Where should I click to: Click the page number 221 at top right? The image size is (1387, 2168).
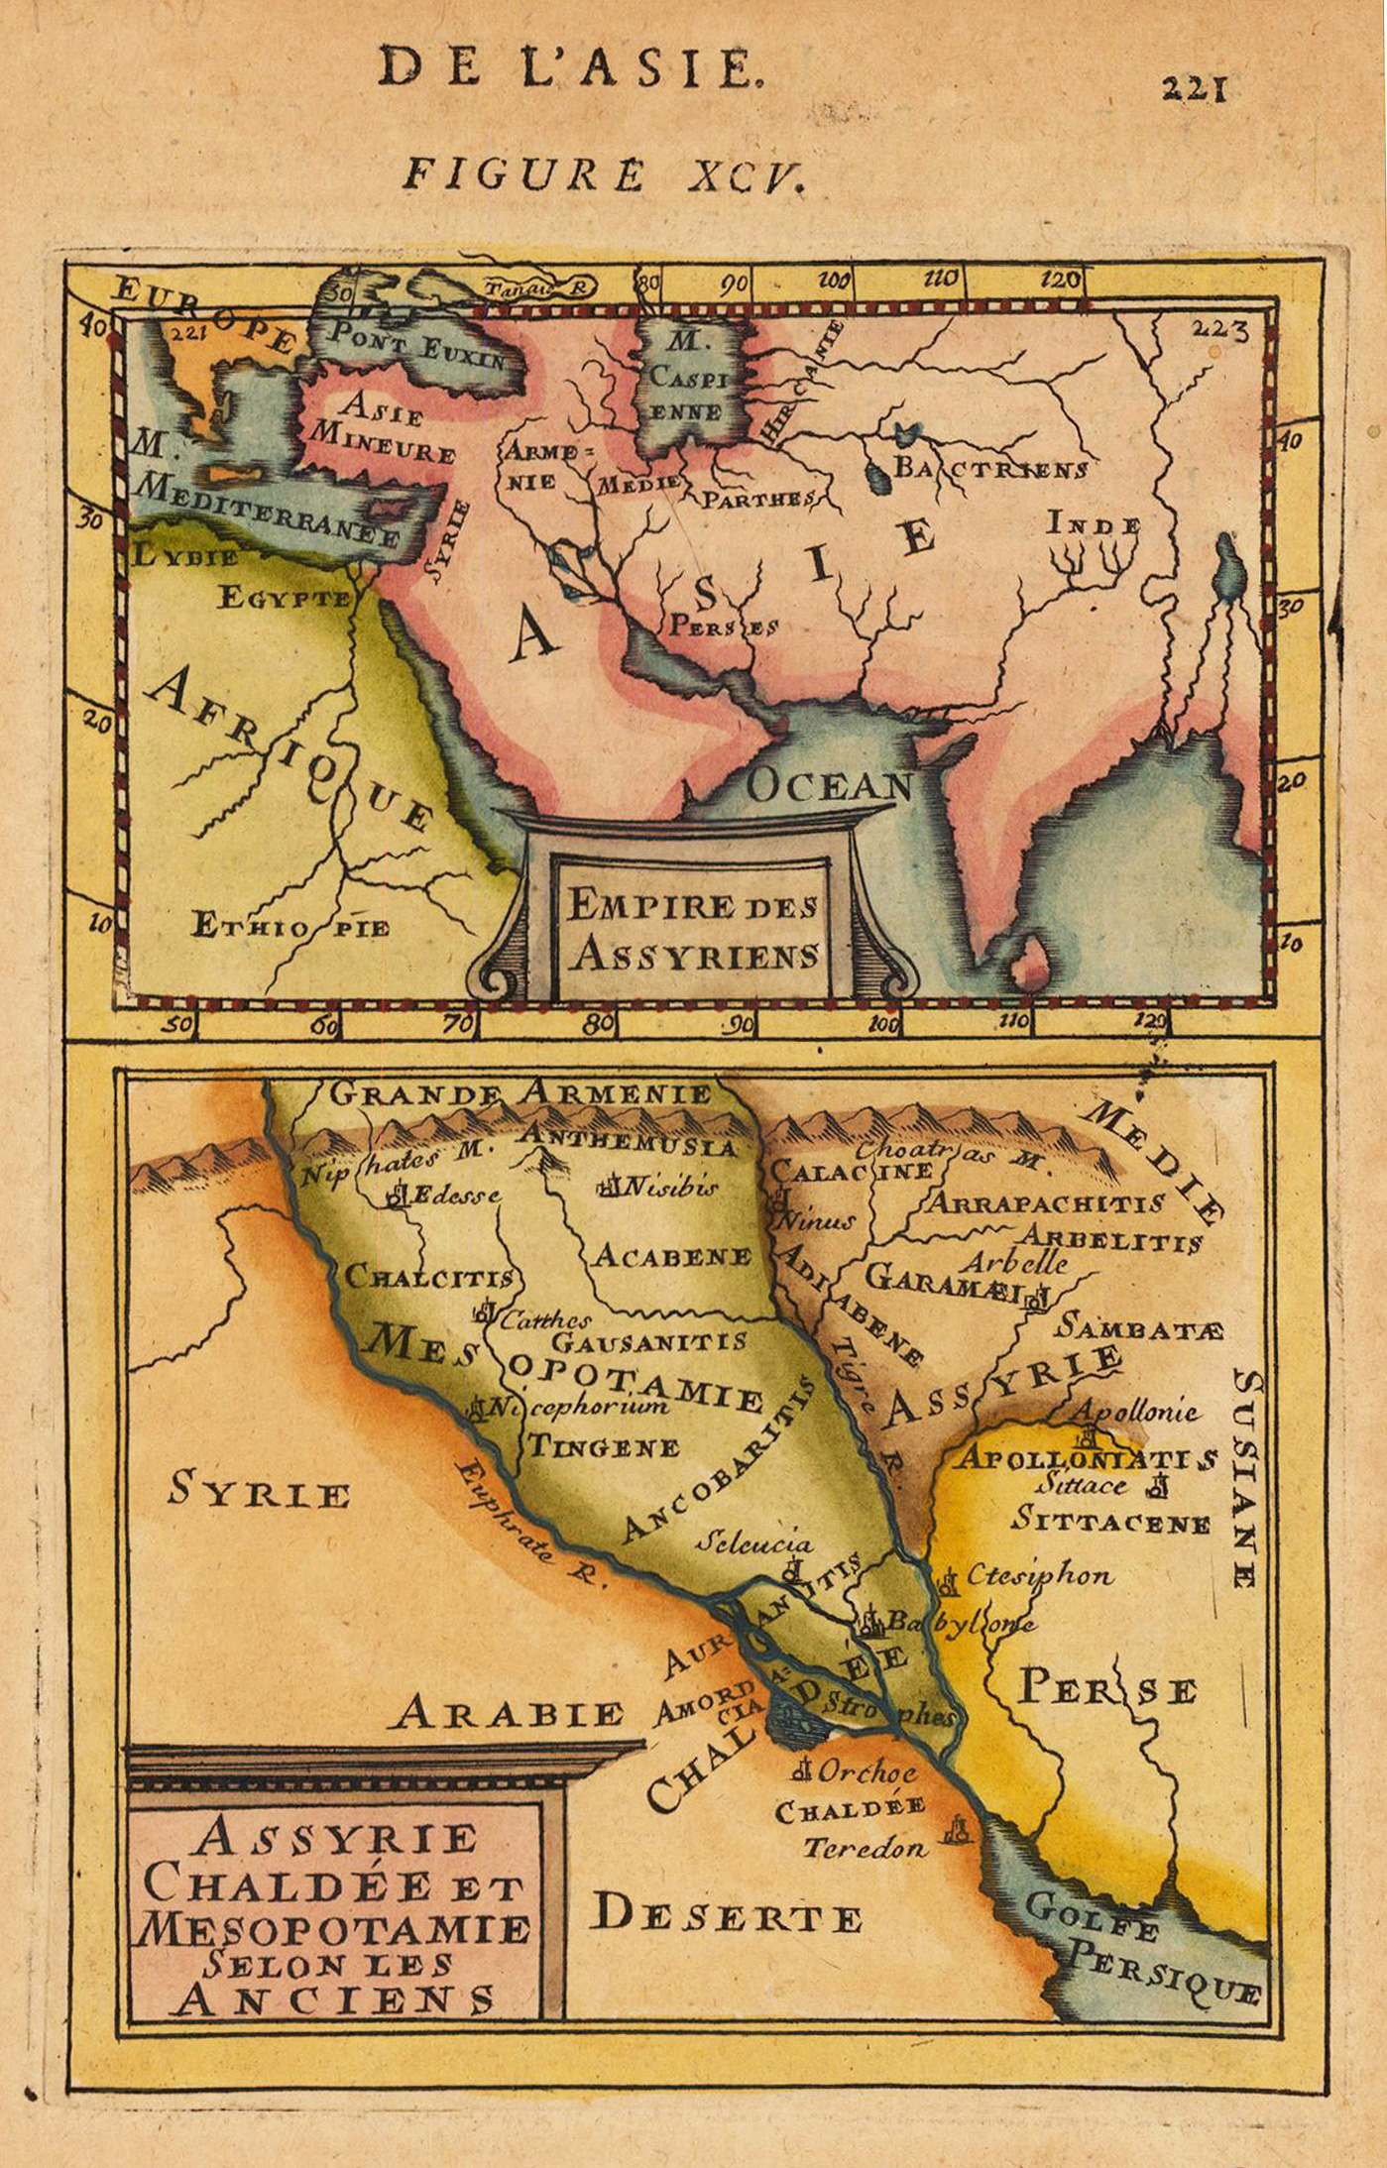1195,89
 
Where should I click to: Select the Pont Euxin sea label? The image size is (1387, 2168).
416,345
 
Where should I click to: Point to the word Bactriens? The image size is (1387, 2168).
990,468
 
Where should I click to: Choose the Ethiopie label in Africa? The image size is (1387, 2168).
289,926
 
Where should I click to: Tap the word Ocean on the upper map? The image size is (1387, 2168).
829,785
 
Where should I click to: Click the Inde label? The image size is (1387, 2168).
1093,524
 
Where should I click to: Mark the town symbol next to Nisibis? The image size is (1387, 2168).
609,1185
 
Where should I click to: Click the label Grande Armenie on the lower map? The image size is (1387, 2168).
520,1093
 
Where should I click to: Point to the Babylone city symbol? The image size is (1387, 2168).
872,1622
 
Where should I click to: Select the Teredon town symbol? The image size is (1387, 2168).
955,1830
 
